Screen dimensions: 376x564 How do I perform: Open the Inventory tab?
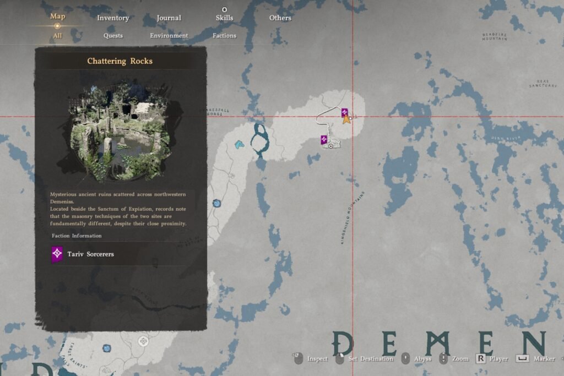[x=113, y=18]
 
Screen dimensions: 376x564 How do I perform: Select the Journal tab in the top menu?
[x=169, y=18]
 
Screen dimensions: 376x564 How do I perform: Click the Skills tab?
[x=224, y=18]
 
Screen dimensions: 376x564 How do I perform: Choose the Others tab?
[x=280, y=18]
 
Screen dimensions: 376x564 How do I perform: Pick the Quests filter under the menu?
[x=113, y=36]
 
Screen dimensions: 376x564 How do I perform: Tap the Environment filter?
[x=169, y=36]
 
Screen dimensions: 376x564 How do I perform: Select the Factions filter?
[x=224, y=36]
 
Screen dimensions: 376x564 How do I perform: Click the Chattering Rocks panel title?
[x=120, y=61]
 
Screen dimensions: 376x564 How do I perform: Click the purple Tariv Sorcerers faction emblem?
[x=57, y=254]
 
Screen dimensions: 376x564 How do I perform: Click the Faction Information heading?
[x=77, y=236]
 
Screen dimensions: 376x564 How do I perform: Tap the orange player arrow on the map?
[x=346, y=118]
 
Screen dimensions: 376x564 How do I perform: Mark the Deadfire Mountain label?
[x=494, y=36]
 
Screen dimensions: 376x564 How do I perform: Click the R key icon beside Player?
[x=481, y=358]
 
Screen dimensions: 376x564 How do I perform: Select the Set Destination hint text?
[x=371, y=359]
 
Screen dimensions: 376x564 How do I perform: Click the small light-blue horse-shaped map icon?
[x=239, y=144]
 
